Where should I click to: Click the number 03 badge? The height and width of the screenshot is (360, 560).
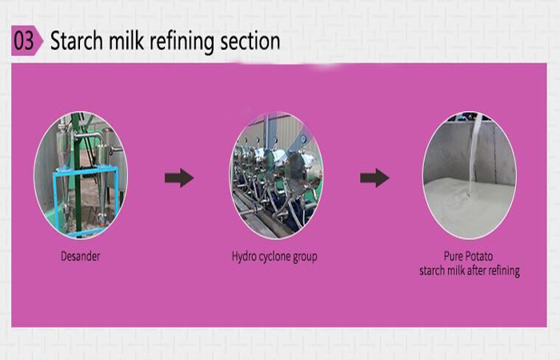click(26, 40)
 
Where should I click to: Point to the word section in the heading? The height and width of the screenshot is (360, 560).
click(251, 41)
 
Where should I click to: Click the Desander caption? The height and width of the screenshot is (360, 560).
click(81, 257)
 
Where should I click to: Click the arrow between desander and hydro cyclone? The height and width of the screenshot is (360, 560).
click(178, 178)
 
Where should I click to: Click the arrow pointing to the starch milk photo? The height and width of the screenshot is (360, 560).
click(374, 178)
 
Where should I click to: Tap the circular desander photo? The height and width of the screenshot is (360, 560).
click(81, 176)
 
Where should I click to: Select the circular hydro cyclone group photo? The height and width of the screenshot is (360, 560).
click(276, 176)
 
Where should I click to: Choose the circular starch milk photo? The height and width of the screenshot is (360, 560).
click(470, 176)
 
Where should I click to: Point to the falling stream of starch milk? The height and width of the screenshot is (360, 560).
click(475, 148)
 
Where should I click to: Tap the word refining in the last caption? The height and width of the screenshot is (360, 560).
click(502, 271)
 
